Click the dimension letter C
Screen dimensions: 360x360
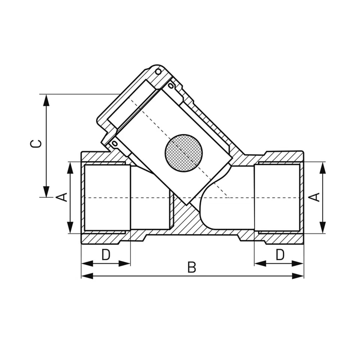[x=36, y=144]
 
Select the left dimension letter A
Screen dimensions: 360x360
[x=62, y=197]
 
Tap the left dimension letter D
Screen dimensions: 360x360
[x=106, y=255]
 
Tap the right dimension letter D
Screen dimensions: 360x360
[x=280, y=255]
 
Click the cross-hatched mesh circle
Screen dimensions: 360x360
[x=184, y=153]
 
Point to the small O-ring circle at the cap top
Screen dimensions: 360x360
[x=158, y=72]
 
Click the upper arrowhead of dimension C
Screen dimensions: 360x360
[x=46, y=100]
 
